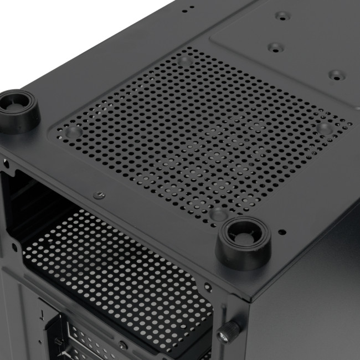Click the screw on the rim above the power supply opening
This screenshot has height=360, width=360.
click(99, 195)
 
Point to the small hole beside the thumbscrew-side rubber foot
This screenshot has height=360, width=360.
click(282, 232)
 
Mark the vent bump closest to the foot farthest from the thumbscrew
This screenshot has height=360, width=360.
click(73, 132)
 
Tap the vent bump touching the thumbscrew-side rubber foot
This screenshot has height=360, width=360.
click(219, 213)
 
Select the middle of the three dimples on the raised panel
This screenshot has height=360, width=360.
click(273, 48)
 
